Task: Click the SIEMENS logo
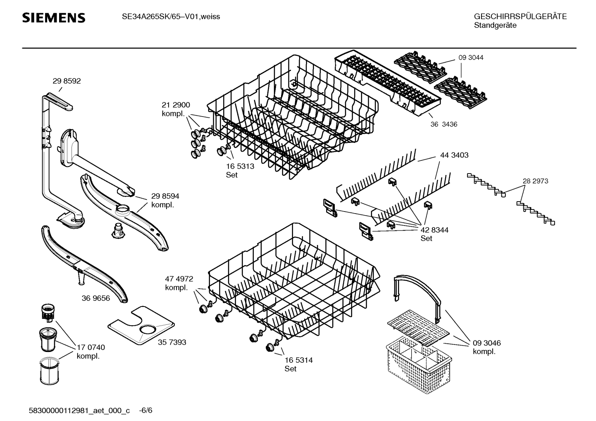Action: tap(54, 18)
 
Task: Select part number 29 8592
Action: tap(67, 81)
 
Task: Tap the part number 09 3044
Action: tap(470, 57)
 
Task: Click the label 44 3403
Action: tap(454, 155)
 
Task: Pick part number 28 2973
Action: tap(535, 181)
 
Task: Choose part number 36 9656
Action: tap(95, 298)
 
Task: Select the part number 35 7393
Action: tap(172, 342)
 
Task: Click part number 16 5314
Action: tap(298, 360)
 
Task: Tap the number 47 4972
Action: tap(179, 279)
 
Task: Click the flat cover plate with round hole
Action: tap(141, 326)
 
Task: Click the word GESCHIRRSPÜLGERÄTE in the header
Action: tap(520, 17)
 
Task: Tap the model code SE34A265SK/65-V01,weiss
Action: tap(171, 17)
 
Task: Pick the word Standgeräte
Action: tap(495, 25)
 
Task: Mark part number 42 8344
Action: tap(434, 230)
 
